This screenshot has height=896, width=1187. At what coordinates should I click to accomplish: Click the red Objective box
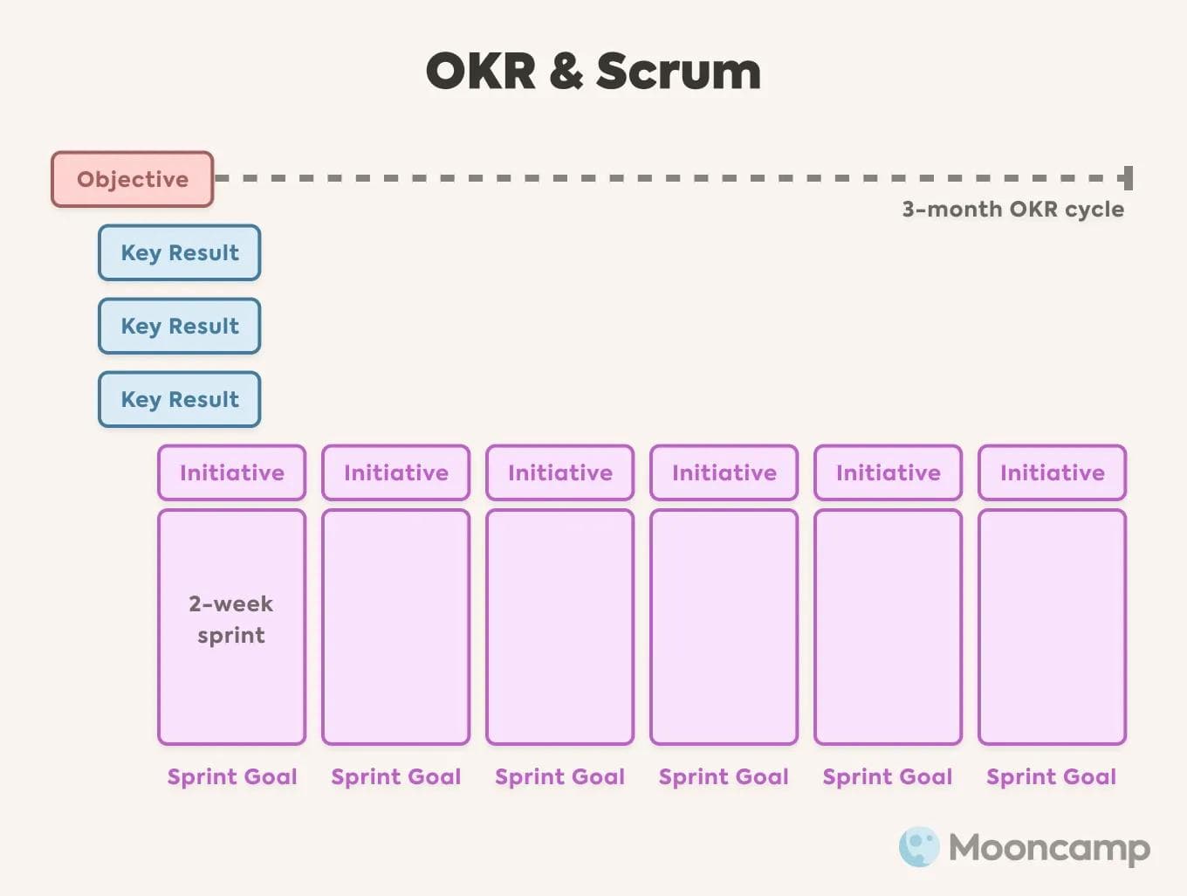(132, 179)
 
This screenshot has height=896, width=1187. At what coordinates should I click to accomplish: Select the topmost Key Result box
(179, 252)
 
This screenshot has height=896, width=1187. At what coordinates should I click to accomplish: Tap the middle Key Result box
(179, 326)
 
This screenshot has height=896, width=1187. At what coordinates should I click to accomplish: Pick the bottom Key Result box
(179, 399)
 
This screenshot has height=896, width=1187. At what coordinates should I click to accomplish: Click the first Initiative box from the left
(232, 472)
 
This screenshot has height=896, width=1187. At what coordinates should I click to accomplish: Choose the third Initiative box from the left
(559, 472)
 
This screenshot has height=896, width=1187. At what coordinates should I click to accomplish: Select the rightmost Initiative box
(1052, 472)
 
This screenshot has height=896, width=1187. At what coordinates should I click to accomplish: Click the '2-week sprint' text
(231, 619)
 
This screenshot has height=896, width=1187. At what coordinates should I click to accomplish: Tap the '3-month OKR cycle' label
(1012, 210)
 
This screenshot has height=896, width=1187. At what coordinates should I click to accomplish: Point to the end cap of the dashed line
(1128, 178)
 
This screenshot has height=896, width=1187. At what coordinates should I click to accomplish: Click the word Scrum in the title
(678, 72)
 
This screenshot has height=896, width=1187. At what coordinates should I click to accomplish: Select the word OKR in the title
(481, 72)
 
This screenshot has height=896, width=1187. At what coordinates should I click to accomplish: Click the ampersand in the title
(566, 72)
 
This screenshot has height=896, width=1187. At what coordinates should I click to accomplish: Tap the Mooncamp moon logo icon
(919, 846)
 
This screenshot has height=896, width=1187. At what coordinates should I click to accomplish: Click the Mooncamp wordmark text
(1049, 848)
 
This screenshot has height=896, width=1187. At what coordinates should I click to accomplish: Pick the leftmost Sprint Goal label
(232, 776)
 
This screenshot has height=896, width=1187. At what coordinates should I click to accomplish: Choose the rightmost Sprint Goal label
(1051, 776)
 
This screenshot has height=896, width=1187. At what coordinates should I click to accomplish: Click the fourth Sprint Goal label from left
(724, 776)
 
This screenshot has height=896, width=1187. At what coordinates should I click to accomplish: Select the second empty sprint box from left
(559, 627)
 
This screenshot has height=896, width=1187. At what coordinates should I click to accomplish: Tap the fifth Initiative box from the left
(888, 472)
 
